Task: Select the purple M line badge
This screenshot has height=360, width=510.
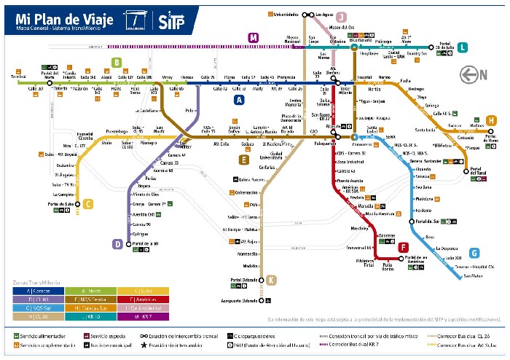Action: [x=253, y=38]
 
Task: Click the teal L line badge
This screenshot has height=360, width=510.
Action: [x=463, y=47]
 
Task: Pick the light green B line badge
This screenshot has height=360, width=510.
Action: [x=116, y=63]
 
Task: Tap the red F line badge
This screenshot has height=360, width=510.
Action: [x=403, y=248]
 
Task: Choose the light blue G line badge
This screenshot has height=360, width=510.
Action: [x=474, y=253]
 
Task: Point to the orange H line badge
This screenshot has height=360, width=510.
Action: [x=491, y=120]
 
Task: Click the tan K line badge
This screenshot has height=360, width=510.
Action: [x=271, y=280]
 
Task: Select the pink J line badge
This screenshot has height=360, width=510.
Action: [x=342, y=17]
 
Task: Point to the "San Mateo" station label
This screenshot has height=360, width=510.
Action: [x=473, y=275]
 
